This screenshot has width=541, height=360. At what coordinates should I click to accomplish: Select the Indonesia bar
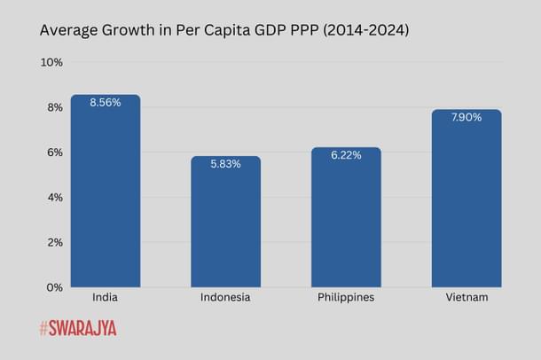click(225, 226)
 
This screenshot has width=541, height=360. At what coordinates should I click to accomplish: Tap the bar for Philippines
click(346, 222)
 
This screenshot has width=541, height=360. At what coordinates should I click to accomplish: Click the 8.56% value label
click(106, 102)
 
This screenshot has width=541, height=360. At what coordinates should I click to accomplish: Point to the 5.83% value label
click(225, 164)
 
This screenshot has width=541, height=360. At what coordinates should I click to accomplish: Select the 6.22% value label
click(346, 155)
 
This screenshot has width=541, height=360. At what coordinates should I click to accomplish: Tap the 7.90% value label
click(467, 117)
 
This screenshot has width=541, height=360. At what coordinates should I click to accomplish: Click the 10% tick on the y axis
click(51, 62)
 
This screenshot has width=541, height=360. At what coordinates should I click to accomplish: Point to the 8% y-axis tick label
click(53, 107)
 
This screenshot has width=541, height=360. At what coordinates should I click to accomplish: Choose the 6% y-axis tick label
click(53, 153)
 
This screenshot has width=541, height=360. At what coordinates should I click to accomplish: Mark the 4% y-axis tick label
click(53, 197)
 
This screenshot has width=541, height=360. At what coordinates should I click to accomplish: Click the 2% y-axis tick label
click(53, 242)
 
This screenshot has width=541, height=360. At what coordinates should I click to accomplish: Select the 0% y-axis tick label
click(53, 287)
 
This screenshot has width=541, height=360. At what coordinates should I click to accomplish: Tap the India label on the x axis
click(106, 298)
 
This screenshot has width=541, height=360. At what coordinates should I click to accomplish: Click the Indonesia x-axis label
click(225, 298)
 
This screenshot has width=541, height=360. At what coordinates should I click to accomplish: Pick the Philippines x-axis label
click(346, 298)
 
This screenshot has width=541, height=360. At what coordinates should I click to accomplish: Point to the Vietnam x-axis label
click(467, 298)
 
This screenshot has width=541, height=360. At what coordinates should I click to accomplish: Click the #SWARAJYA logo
click(78, 329)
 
